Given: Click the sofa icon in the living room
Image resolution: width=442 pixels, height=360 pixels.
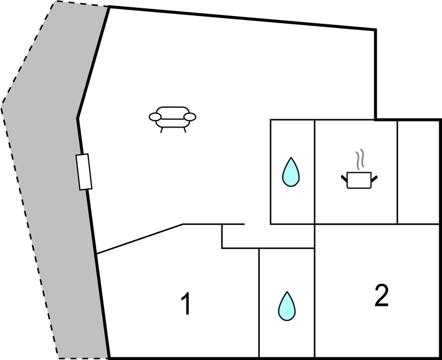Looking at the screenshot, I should tap(172, 117).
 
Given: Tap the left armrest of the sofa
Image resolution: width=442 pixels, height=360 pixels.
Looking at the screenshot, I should tap(155, 117).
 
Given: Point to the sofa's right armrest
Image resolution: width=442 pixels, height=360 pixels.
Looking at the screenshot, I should tap(190, 117).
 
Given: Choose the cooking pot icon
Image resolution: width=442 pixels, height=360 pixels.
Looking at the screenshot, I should tap(360, 179).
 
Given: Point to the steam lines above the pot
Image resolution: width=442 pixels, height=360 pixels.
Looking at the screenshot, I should tap(360, 159).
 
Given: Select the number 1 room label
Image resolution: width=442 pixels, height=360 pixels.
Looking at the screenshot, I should tap(187, 305).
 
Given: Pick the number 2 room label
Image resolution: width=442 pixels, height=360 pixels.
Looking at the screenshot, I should tap(381, 297).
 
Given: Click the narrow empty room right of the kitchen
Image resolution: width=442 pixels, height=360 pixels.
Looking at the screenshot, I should tap(419, 171).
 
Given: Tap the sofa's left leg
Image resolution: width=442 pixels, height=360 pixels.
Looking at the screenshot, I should tap(161, 130).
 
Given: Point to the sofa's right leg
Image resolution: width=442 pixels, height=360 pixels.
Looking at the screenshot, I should tap(183, 130).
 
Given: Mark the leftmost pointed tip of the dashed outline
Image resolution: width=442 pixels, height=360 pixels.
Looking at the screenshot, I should tap(2, 103).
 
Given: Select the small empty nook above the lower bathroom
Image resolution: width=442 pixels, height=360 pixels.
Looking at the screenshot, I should tap(267, 236).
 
